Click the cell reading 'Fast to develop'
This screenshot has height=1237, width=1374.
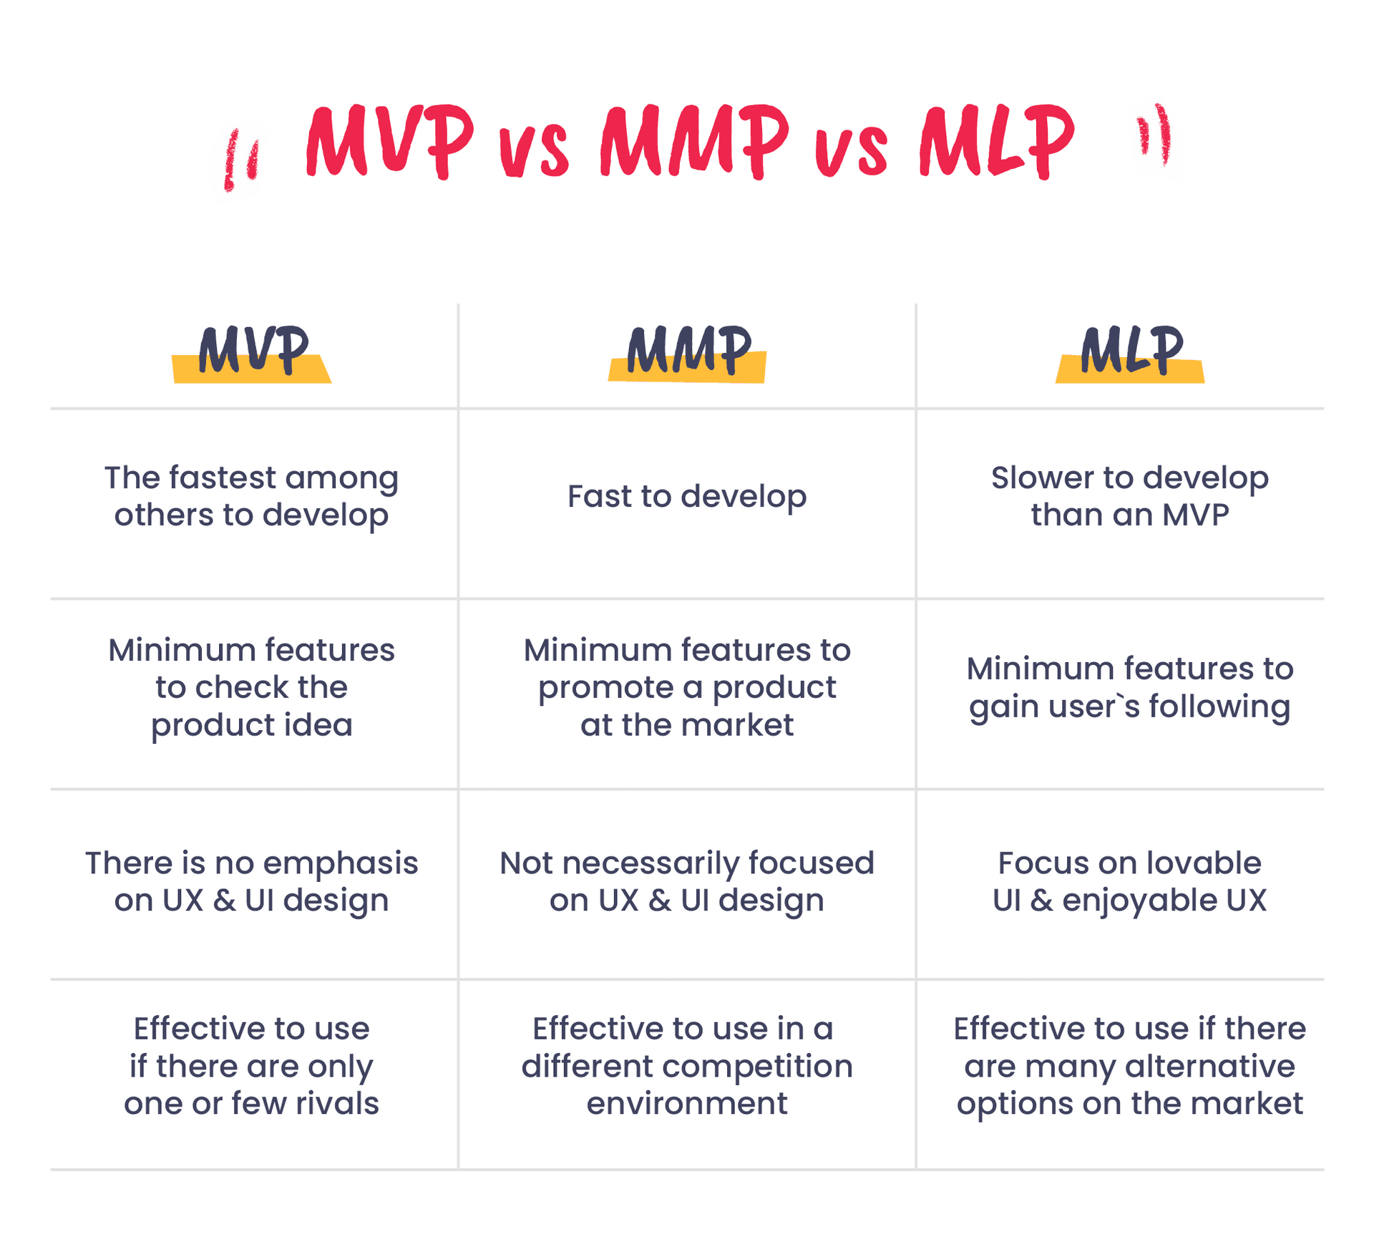pyautogui.click(x=687, y=497)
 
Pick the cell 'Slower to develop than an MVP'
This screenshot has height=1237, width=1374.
pyautogui.click(x=1130, y=496)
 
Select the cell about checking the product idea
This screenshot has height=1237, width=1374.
pyautogui.click(x=252, y=687)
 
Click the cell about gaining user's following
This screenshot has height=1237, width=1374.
pyautogui.click(x=1130, y=688)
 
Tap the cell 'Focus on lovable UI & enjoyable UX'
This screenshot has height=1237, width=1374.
pyautogui.click(x=1130, y=882)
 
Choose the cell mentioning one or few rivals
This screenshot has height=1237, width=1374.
pyautogui.click(x=252, y=1067)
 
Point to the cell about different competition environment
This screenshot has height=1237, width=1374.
pyautogui.click(x=687, y=1067)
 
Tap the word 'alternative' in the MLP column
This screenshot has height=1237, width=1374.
pyautogui.click(x=1210, y=1067)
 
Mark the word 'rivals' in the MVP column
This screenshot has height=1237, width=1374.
pyautogui.click(x=337, y=1104)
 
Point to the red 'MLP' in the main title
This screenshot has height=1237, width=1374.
pyautogui.click(x=997, y=140)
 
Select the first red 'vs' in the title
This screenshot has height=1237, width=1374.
pyautogui.click(x=534, y=152)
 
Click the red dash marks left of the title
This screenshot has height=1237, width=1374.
pyautogui.click(x=241, y=160)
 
